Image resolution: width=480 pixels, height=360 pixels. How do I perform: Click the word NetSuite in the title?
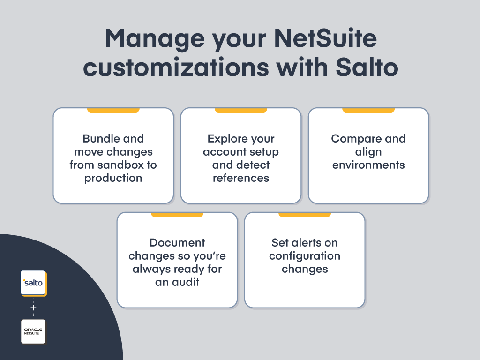point(325,38)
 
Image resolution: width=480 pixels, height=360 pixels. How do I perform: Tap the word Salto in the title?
point(367,67)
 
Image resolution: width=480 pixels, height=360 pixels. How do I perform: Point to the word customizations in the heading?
point(176,67)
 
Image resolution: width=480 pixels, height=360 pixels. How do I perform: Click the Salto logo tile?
point(34,283)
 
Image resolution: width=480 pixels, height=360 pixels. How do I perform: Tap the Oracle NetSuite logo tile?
point(33,332)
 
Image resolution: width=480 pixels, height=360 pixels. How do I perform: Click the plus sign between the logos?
point(33,307)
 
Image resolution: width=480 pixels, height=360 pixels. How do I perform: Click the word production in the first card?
point(113,179)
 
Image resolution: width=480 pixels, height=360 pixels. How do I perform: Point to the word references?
point(241,178)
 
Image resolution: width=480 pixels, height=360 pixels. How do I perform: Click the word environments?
point(368,165)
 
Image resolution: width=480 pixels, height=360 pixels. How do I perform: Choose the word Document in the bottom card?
point(177,242)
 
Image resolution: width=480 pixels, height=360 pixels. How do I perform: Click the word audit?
point(186,282)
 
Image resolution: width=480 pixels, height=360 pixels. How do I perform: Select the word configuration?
point(305,256)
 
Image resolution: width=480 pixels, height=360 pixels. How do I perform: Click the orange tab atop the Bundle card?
point(113,110)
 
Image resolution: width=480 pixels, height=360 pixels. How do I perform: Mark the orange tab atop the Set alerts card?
point(305,215)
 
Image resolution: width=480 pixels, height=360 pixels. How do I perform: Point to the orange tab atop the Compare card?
point(368,110)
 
